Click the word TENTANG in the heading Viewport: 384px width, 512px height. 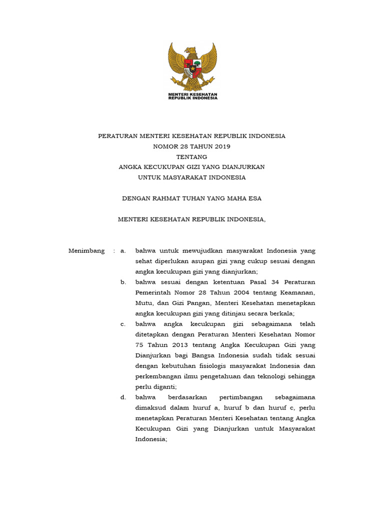pos(192,156)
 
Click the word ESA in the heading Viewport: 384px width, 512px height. pos(255,198)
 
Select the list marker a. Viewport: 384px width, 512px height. pos(123,250)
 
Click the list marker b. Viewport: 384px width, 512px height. pos(123,282)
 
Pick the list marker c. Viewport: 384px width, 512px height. pos(123,324)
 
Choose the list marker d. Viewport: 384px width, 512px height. pos(123,397)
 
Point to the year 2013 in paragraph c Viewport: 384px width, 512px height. pos(178,345)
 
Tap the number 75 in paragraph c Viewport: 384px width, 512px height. pos(139,345)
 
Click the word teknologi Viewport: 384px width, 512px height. pos(270,376)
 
